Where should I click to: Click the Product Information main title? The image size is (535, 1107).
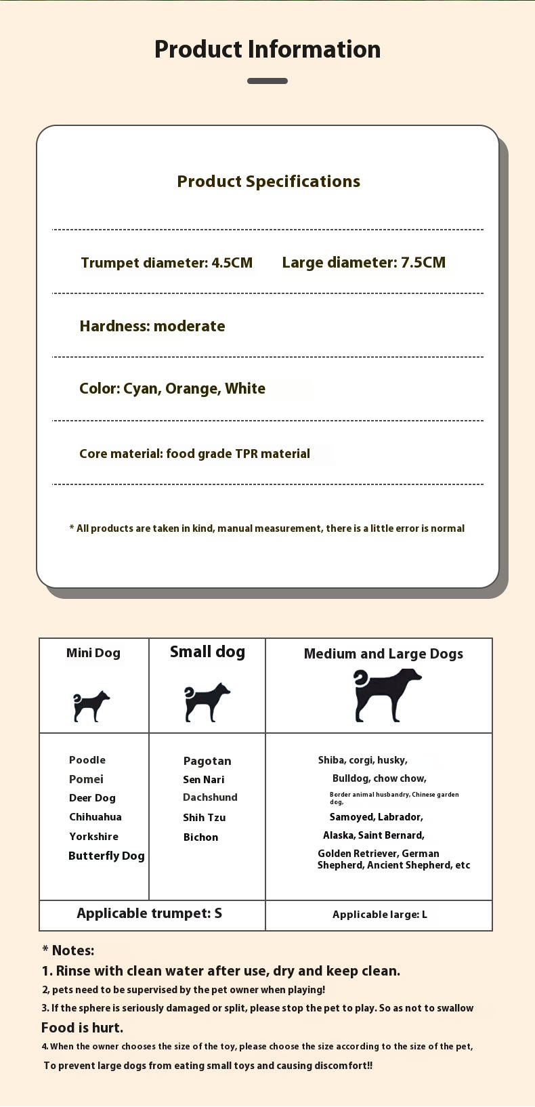(x=267, y=49)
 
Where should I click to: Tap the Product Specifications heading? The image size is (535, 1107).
(x=268, y=182)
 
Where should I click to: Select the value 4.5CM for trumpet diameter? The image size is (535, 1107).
(x=232, y=263)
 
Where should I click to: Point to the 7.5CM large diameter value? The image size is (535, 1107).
(x=423, y=263)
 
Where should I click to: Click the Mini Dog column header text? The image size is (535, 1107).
(x=93, y=653)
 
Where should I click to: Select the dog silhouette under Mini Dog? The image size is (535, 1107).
(x=91, y=707)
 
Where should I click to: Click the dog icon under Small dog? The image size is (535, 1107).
(x=206, y=702)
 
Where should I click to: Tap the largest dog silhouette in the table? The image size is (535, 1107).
(x=385, y=694)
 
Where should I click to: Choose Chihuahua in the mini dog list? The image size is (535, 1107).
(x=95, y=817)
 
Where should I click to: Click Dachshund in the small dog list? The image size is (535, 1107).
(x=210, y=797)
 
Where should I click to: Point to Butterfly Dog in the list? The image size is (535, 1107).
(x=106, y=856)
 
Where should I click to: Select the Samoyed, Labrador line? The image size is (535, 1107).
(x=376, y=817)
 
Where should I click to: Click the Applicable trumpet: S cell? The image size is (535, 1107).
(x=150, y=913)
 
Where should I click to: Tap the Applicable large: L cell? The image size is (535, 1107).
(x=379, y=915)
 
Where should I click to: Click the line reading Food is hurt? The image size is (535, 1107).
(x=82, y=1028)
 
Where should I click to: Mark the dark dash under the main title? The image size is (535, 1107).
(x=267, y=81)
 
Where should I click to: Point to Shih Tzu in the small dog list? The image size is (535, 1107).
(x=204, y=818)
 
